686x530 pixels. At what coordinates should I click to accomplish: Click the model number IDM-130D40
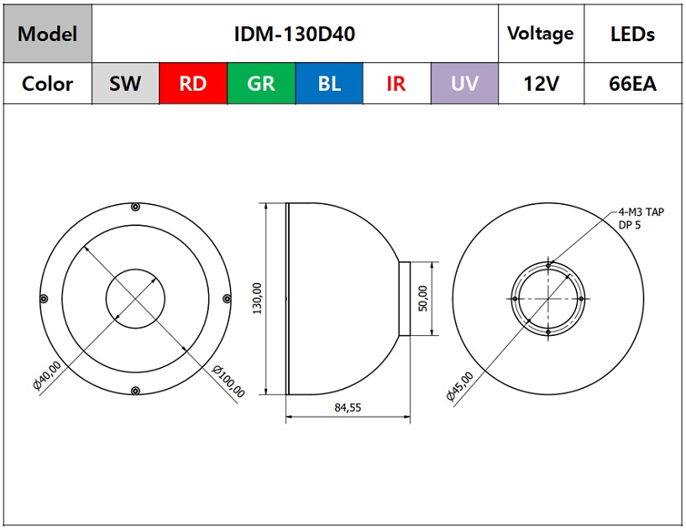coord(295,34)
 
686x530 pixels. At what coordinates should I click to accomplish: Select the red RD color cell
coord(193,83)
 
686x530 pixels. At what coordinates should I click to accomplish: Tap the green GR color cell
coord(261,83)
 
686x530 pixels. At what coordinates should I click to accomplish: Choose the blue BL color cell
coord(329,83)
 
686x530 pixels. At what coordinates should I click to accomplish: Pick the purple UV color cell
coord(464,83)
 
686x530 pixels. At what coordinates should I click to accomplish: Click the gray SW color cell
coord(126,83)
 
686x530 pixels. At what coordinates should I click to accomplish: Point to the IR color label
coord(396,84)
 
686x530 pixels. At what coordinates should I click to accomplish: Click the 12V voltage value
coord(542,84)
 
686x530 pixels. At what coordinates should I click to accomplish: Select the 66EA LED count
coord(632,84)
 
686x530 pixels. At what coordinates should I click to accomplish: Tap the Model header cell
coord(48,34)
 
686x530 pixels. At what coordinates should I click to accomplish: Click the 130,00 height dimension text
coord(257,298)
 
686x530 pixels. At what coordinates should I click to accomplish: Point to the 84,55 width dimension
coord(348,407)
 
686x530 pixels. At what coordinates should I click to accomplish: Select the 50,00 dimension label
coord(423,298)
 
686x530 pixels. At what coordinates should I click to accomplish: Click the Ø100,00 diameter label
coord(228,381)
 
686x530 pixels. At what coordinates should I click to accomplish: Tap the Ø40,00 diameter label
coord(47,375)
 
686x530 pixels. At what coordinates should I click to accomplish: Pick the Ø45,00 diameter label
coord(460,386)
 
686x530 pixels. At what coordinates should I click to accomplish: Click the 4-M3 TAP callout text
coord(641,213)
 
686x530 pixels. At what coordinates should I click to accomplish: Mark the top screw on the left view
coord(136,207)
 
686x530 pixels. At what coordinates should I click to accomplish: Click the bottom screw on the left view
coord(136,391)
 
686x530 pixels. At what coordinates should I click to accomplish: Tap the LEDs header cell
coord(632,34)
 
